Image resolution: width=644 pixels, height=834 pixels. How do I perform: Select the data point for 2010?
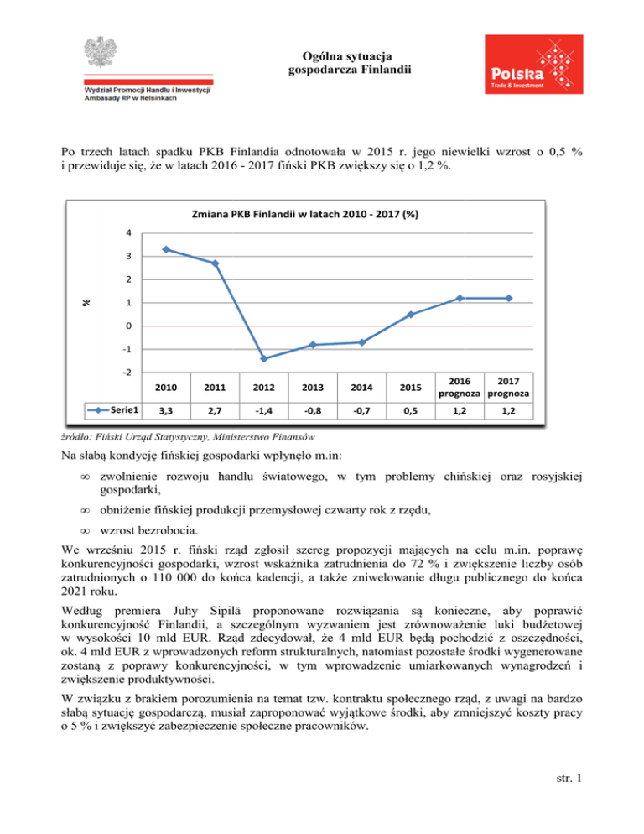coord(167,249)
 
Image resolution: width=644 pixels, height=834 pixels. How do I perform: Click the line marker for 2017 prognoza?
coord(509,298)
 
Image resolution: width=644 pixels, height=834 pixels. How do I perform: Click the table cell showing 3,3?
coord(167,411)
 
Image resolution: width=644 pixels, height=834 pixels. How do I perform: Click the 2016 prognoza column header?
coord(460,388)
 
